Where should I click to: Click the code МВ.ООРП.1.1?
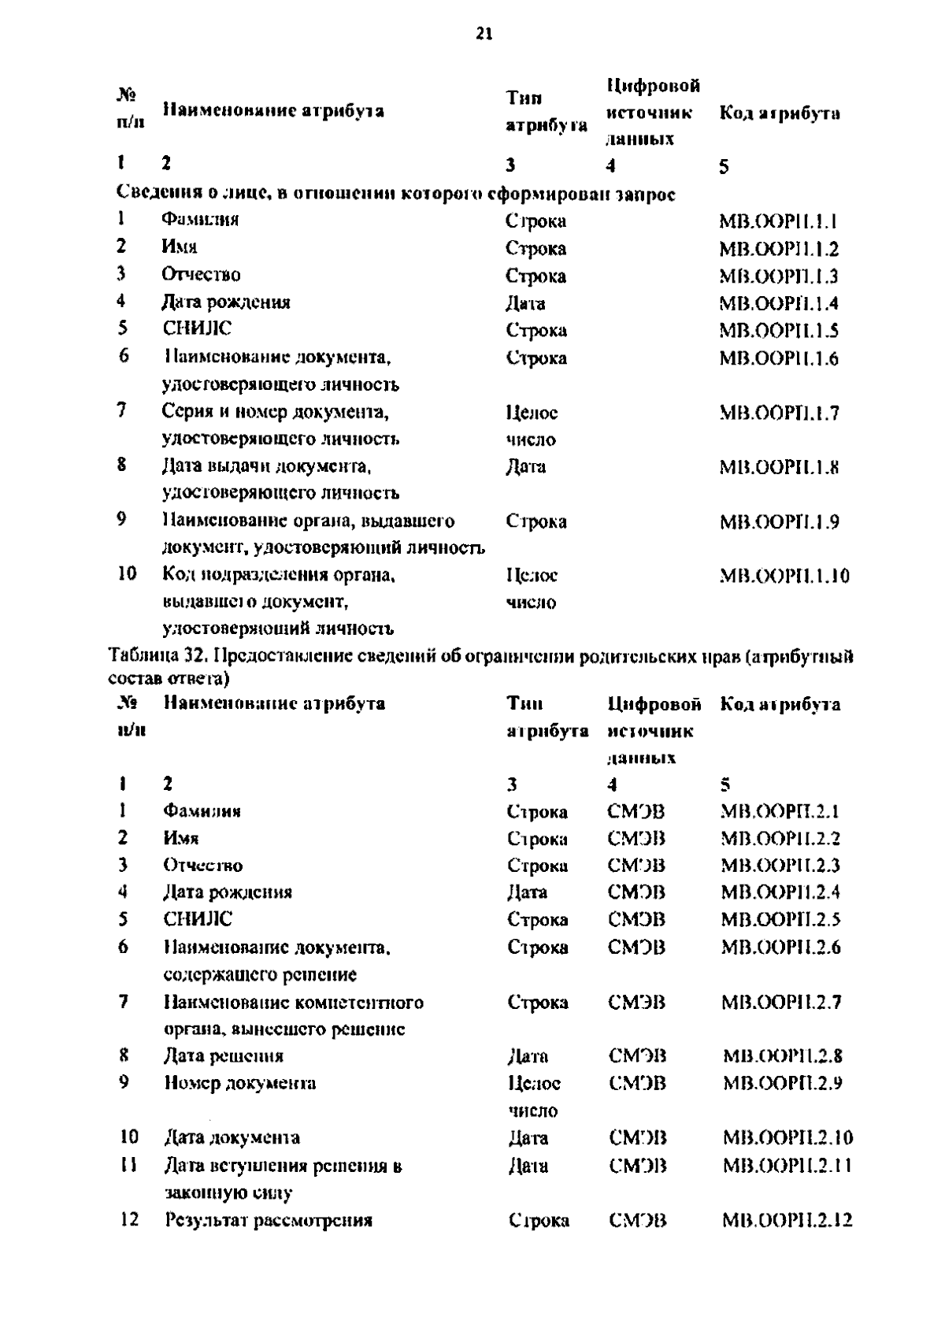click(778, 221)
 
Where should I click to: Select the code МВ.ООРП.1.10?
click(784, 576)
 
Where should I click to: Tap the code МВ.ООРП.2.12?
click(787, 1221)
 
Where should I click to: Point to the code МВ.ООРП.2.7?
click(781, 1003)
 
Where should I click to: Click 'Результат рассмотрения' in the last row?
click(269, 1220)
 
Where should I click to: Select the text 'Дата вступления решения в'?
click(283, 1166)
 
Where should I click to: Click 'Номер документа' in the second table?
click(239, 1083)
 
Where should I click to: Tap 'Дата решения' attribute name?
click(223, 1055)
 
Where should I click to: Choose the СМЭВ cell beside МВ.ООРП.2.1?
click(636, 811)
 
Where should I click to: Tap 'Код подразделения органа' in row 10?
click(278, 575)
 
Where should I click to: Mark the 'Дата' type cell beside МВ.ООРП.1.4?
click(525, 303)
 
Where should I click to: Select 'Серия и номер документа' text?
click(275, 411)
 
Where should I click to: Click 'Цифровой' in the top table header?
click(654, 85)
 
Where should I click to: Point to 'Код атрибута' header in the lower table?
click(780, 704)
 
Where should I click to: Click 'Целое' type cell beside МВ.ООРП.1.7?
click(532, 412)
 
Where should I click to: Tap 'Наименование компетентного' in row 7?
click(293, 1002)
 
